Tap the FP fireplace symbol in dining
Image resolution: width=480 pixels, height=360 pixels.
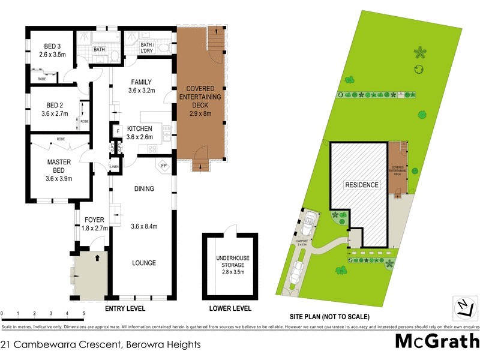pyautogui.click(x=163, y=166)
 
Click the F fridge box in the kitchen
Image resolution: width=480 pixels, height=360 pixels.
pyautogui.click(x=118, y=130)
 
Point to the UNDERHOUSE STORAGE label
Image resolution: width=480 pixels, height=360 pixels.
pyautogui.click(x=232, y=265)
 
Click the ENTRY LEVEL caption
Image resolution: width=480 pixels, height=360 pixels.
pyautogui.click(x=125, y=309)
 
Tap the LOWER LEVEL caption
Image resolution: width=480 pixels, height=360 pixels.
pyautogui.click(x=230, y=309)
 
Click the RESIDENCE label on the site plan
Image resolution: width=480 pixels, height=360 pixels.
pyautogui.click(x=361, y=185)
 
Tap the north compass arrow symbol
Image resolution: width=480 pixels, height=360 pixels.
pyautogui.click(x=463, y=308)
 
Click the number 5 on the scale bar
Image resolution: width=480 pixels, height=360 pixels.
pyautogui.click(x=83, y=314)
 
